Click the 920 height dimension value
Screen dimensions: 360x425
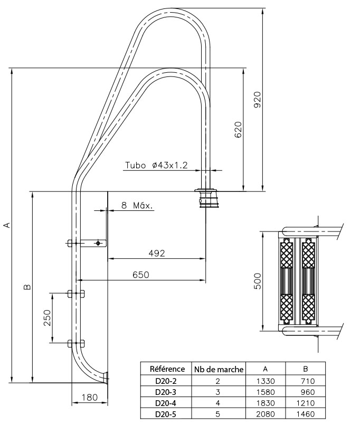click(258, 100)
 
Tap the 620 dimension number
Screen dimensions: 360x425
click(238, 130)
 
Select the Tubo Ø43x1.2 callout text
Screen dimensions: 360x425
click(156, 165)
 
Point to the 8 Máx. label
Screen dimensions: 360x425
click(137, 206)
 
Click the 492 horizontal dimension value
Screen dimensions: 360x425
click(157, 253)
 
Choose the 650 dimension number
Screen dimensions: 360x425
click(141, 275)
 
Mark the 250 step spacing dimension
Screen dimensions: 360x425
click(47, 317)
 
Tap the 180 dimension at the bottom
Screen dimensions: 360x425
click(89, 398)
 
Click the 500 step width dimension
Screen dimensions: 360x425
click(258, 281)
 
